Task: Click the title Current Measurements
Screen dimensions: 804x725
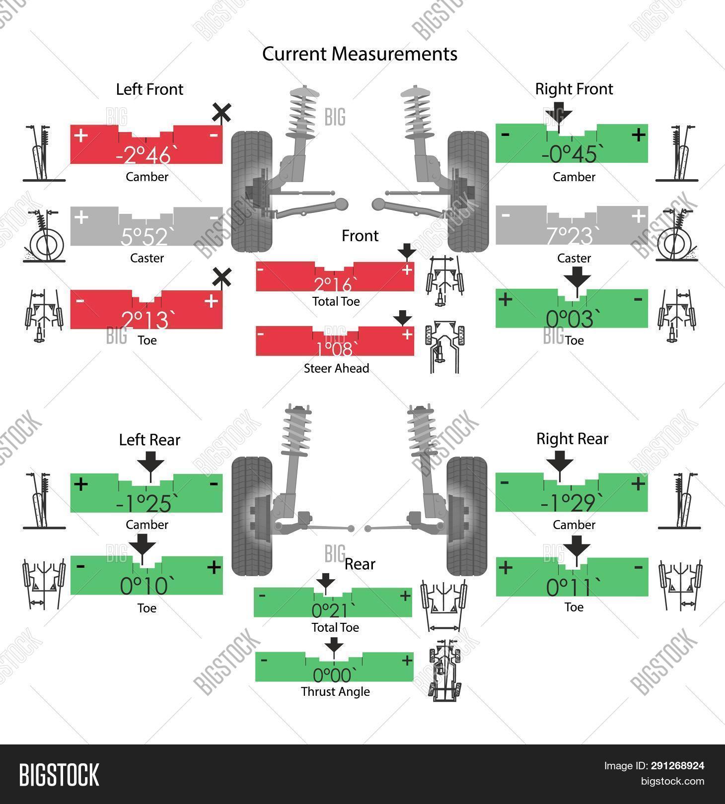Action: point(360,54)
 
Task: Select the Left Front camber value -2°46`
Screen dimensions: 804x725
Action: point(143,155)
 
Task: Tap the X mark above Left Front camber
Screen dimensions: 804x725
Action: point(221,113)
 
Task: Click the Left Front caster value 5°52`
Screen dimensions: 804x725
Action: point(145,237)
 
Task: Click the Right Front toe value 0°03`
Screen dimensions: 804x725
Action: point(570,320)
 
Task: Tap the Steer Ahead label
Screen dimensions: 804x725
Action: point(336,368)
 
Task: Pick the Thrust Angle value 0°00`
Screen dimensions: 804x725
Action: point(335,675)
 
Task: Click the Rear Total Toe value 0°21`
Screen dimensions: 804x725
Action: point(334,610)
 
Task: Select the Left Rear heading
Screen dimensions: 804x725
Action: point(149,440)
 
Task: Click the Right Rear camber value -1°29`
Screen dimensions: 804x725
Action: point(572,503)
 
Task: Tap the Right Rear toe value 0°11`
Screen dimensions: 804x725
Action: point(569,588)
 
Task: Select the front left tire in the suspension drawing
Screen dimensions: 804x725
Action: point(251,191)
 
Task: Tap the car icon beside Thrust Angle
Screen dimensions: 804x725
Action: point(444,670)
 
